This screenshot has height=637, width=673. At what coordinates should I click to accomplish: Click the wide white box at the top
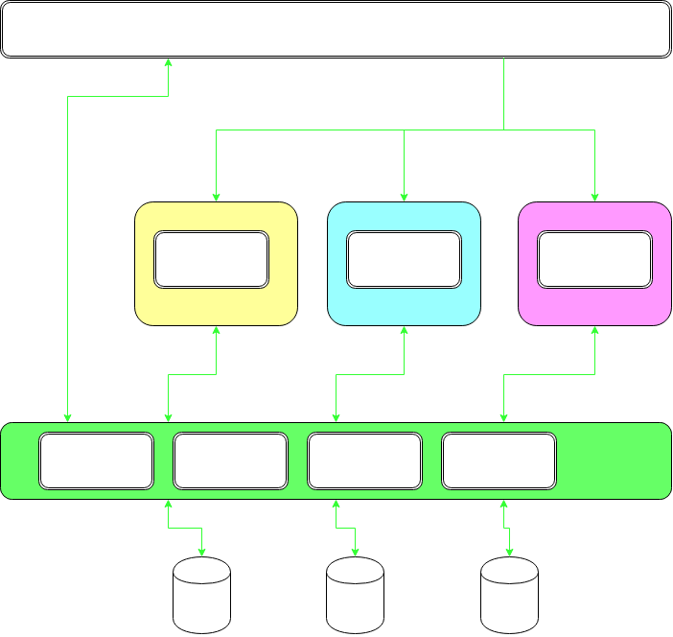pos(336,29)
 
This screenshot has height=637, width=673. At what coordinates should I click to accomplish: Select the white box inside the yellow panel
pos(211,259)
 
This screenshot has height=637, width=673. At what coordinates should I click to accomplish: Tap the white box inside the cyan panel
pos(404,259)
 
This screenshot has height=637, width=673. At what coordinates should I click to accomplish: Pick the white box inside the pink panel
pos(594,259)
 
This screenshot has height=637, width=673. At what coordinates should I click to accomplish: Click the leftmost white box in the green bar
pos(96,460)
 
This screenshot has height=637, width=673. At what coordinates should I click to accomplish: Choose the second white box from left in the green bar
pos(230,460)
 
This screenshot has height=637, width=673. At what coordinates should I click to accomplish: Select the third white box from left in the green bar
pos(364,460)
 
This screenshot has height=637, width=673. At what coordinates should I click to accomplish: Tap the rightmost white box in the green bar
pos(499,460)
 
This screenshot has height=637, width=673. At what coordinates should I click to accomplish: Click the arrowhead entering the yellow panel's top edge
pos(217,198)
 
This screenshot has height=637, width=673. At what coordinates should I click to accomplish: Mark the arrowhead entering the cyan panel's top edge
pos(404,198)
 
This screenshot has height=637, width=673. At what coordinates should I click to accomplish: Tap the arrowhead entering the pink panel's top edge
pos(595,198)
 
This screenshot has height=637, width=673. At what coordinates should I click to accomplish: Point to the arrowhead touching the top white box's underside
pos(169,61)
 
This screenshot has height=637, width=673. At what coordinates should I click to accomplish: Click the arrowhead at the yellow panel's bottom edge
pos(217,330)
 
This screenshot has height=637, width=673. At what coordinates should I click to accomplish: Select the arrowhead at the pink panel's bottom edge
pos(595,330)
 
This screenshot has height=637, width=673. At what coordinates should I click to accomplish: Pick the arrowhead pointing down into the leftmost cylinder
pos(202,552)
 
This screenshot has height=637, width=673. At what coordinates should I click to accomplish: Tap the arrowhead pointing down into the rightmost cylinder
pos(509,552)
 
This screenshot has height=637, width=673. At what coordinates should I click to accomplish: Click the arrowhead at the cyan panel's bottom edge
pos(404,330)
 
